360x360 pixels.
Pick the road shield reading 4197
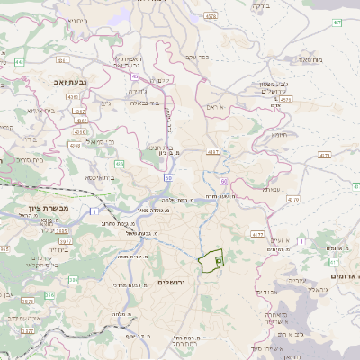(x=213, y=152)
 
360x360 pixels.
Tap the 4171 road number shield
(x=325, y=156)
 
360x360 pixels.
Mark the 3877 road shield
(x=27, y=330)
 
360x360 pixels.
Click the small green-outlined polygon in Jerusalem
(x=212, y=261)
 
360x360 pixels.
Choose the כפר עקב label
(x=197, y=57)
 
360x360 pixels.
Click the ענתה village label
(x=271, y=190)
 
